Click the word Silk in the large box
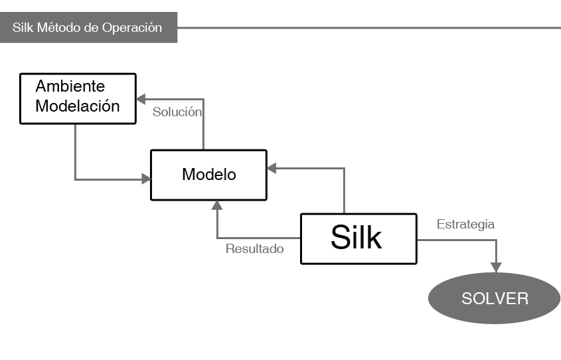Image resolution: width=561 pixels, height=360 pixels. coord(357,237)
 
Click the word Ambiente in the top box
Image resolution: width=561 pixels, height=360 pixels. coord(70,86)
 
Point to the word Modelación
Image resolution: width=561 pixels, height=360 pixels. coord(78,106)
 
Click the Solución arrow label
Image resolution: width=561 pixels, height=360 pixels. coord(177,112)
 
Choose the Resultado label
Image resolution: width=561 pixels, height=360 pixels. coord(255,250)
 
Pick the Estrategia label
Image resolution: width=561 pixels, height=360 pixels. coord(465,225)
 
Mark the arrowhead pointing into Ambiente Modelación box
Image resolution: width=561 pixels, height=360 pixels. coord(141,99)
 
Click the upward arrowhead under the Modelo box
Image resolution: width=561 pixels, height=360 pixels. coord(217,206)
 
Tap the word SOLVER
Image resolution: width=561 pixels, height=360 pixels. coord(495,298)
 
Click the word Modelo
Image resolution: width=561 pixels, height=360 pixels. coord(209,175)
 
